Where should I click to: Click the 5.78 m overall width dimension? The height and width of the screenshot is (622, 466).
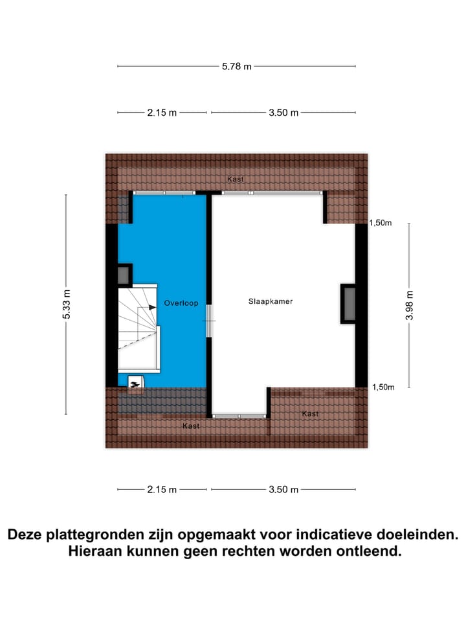237,66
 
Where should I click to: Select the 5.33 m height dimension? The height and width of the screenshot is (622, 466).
67,304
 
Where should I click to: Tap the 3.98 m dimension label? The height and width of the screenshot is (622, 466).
409,305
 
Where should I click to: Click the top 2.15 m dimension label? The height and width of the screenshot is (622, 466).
162,113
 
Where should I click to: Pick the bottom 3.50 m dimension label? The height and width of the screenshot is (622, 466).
283,490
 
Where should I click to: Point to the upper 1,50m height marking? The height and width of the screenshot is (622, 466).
381,223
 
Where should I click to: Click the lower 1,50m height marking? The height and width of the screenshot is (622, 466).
382,387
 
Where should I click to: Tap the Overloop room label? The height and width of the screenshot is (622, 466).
181,303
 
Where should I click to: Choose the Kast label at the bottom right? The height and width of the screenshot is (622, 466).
310,414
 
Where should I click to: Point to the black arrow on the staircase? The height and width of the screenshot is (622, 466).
152,307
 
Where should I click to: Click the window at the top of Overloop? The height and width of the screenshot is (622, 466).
164,193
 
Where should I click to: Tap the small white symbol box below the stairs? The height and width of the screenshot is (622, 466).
136,384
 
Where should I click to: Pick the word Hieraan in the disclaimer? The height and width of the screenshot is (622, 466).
98,552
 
